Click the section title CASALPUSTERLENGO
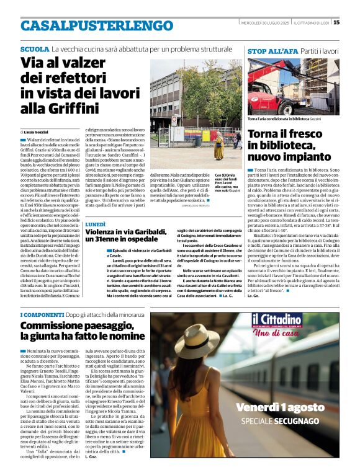point(88,25)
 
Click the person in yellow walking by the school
point(219,146)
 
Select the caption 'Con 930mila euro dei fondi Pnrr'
point(228,184)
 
